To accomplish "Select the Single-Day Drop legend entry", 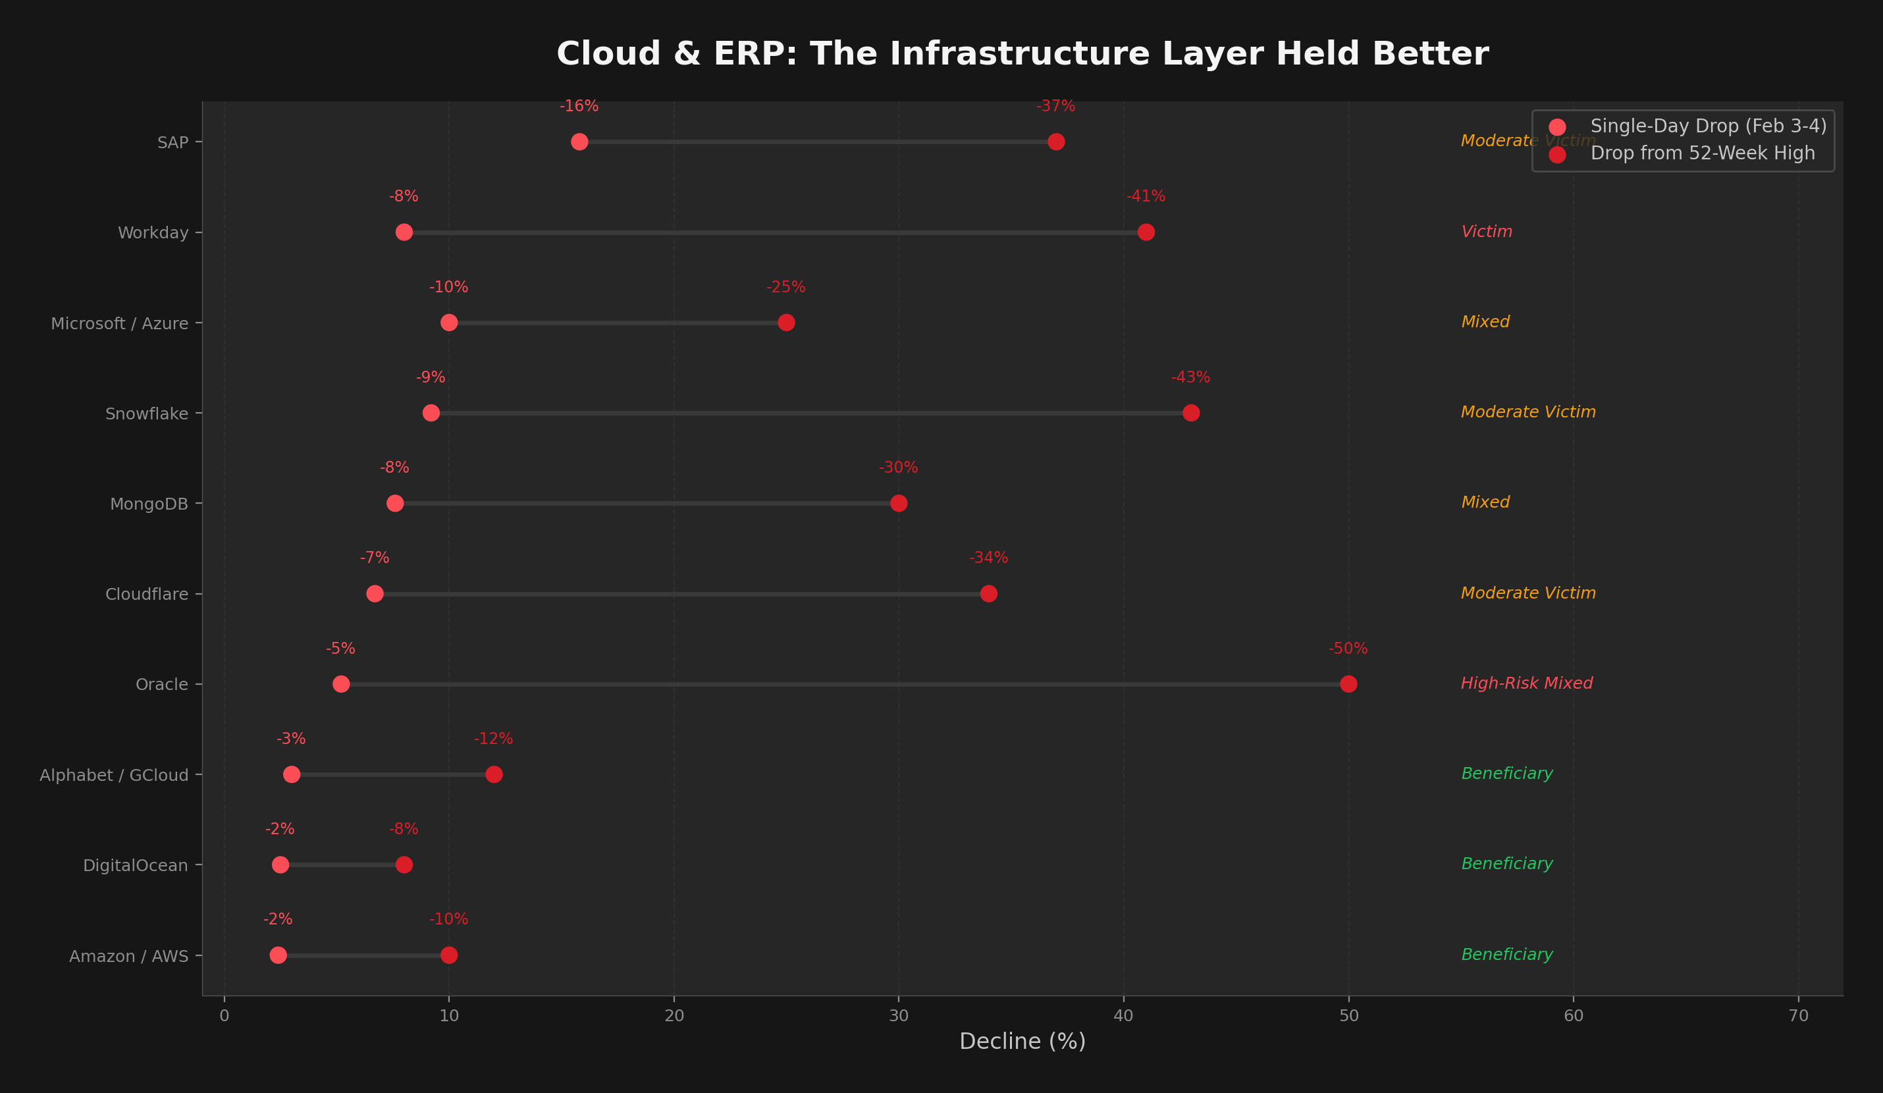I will pos(1707,126).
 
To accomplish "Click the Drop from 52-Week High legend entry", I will pos(1701,154).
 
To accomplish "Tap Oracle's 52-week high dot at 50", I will pos(1348,683).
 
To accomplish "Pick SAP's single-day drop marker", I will pos(579,142).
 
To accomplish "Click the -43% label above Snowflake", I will pos(1190,378).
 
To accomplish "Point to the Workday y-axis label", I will pos(153,233).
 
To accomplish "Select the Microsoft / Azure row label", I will pos(120,323).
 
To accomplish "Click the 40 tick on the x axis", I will pos(1123,1016).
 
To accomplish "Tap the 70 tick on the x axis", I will pos(1799,1016).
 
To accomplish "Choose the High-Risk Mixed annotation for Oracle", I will pos(1527,683).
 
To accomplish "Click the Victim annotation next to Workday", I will pos(1486,232).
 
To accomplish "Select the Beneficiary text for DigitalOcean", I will pos(1506,865).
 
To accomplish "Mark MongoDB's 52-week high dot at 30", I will pos(898,504).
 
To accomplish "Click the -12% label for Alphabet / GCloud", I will pos(493,739).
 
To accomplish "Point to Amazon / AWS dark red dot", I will pos(448,955).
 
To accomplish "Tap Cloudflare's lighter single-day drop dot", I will pos(375,594).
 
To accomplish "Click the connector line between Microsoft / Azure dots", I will pos(617,323).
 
